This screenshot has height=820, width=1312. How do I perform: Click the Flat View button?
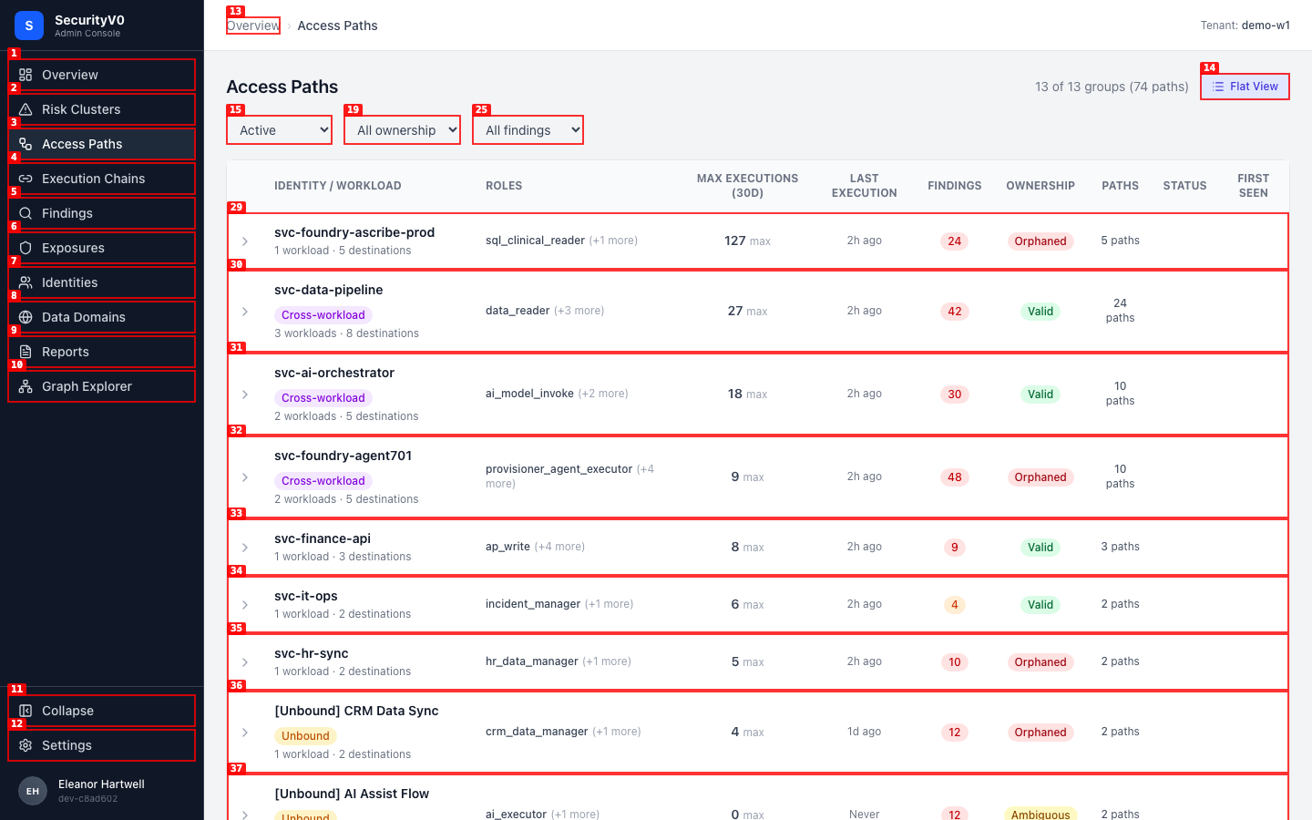(1245, 87)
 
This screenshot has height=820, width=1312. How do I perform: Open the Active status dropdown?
(280, 130)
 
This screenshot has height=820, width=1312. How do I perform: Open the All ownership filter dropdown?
(402, 130)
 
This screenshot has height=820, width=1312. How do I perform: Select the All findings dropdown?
(528, 130)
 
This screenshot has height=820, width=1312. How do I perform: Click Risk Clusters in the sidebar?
(101, 109)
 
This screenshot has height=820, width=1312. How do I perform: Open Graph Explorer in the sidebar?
(101, 386)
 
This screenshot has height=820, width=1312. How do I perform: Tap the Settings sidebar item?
(101, 745)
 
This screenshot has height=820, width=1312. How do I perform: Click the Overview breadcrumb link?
(253, 26)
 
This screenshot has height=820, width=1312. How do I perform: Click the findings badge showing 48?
(954, 477)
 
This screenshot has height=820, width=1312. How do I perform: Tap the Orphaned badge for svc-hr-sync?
(1040, 661)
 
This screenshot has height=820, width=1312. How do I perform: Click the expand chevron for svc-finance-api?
(245, 547)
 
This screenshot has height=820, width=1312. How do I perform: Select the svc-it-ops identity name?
(306, 596)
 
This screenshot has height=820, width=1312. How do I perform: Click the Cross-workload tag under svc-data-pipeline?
(323, 315)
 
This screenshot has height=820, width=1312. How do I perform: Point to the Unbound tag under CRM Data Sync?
(306, 735)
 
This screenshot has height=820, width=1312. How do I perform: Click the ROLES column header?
(504, 186)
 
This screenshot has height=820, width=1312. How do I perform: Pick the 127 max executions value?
(747, 241)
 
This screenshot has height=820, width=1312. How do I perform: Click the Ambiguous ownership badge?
(1040, 815)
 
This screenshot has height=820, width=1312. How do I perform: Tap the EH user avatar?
(33, 791)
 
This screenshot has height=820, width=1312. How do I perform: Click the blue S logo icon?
(29, 26)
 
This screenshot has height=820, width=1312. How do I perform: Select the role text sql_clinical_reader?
(535, 241)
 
